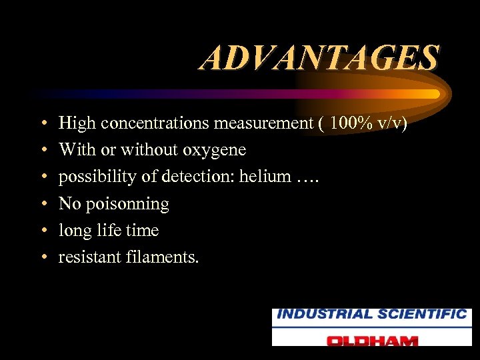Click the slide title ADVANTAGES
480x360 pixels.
pyautogui.click(x=319, y=58)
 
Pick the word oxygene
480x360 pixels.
pyautogui.click(x=215, y=151)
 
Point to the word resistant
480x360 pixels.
pyautogui.click(x=89, y=257)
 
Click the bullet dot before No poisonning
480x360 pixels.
pyautogui.click(x=42, y=204)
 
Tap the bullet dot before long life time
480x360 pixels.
pyautogui.click(x=42, y=231)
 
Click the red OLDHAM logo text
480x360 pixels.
pyautogui.click(x=372, y=339)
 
